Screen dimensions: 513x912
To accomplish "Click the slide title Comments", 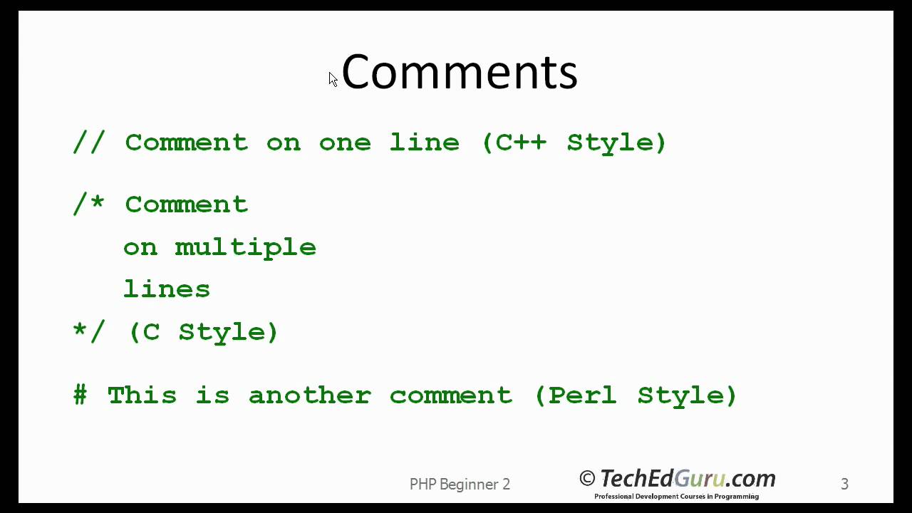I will click(x=460, y=72).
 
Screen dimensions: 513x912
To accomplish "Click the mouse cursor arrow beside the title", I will click(x=333, y=79).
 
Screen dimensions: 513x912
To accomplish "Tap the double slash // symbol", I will click(x=89, y=142).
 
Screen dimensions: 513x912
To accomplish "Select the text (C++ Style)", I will click(x=574, y=142).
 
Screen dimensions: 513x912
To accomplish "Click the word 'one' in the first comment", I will click(x=345, y=142).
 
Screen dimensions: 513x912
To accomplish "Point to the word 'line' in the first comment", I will click(x=424, y=142).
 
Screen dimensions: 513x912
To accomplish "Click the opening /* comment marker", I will click(x=89, y=204).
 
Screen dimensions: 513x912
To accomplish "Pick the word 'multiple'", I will click(x=246, y=247).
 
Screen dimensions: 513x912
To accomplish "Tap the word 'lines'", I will click(x=167, y=289).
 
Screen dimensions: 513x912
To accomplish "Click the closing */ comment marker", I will click(x=89, y=331).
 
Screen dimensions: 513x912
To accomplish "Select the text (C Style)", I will click(x=204, y=332).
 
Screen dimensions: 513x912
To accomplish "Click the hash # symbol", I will click(x=81, y=395).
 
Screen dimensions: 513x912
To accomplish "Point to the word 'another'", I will click(x=309, y=395).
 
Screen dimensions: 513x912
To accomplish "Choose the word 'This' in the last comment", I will click(x=142, y=395).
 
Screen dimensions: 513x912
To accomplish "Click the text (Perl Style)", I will click(x=636, y=395).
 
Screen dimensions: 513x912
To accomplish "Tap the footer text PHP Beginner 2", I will click(x=460, y=484).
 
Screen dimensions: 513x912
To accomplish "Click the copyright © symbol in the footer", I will click(x=587, y=479).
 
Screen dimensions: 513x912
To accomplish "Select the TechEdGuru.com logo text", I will click(x=687, y=478).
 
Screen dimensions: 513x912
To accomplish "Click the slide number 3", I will click(x=844, y=484).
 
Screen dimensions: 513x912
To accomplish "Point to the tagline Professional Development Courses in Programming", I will click(x=676, y=497).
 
